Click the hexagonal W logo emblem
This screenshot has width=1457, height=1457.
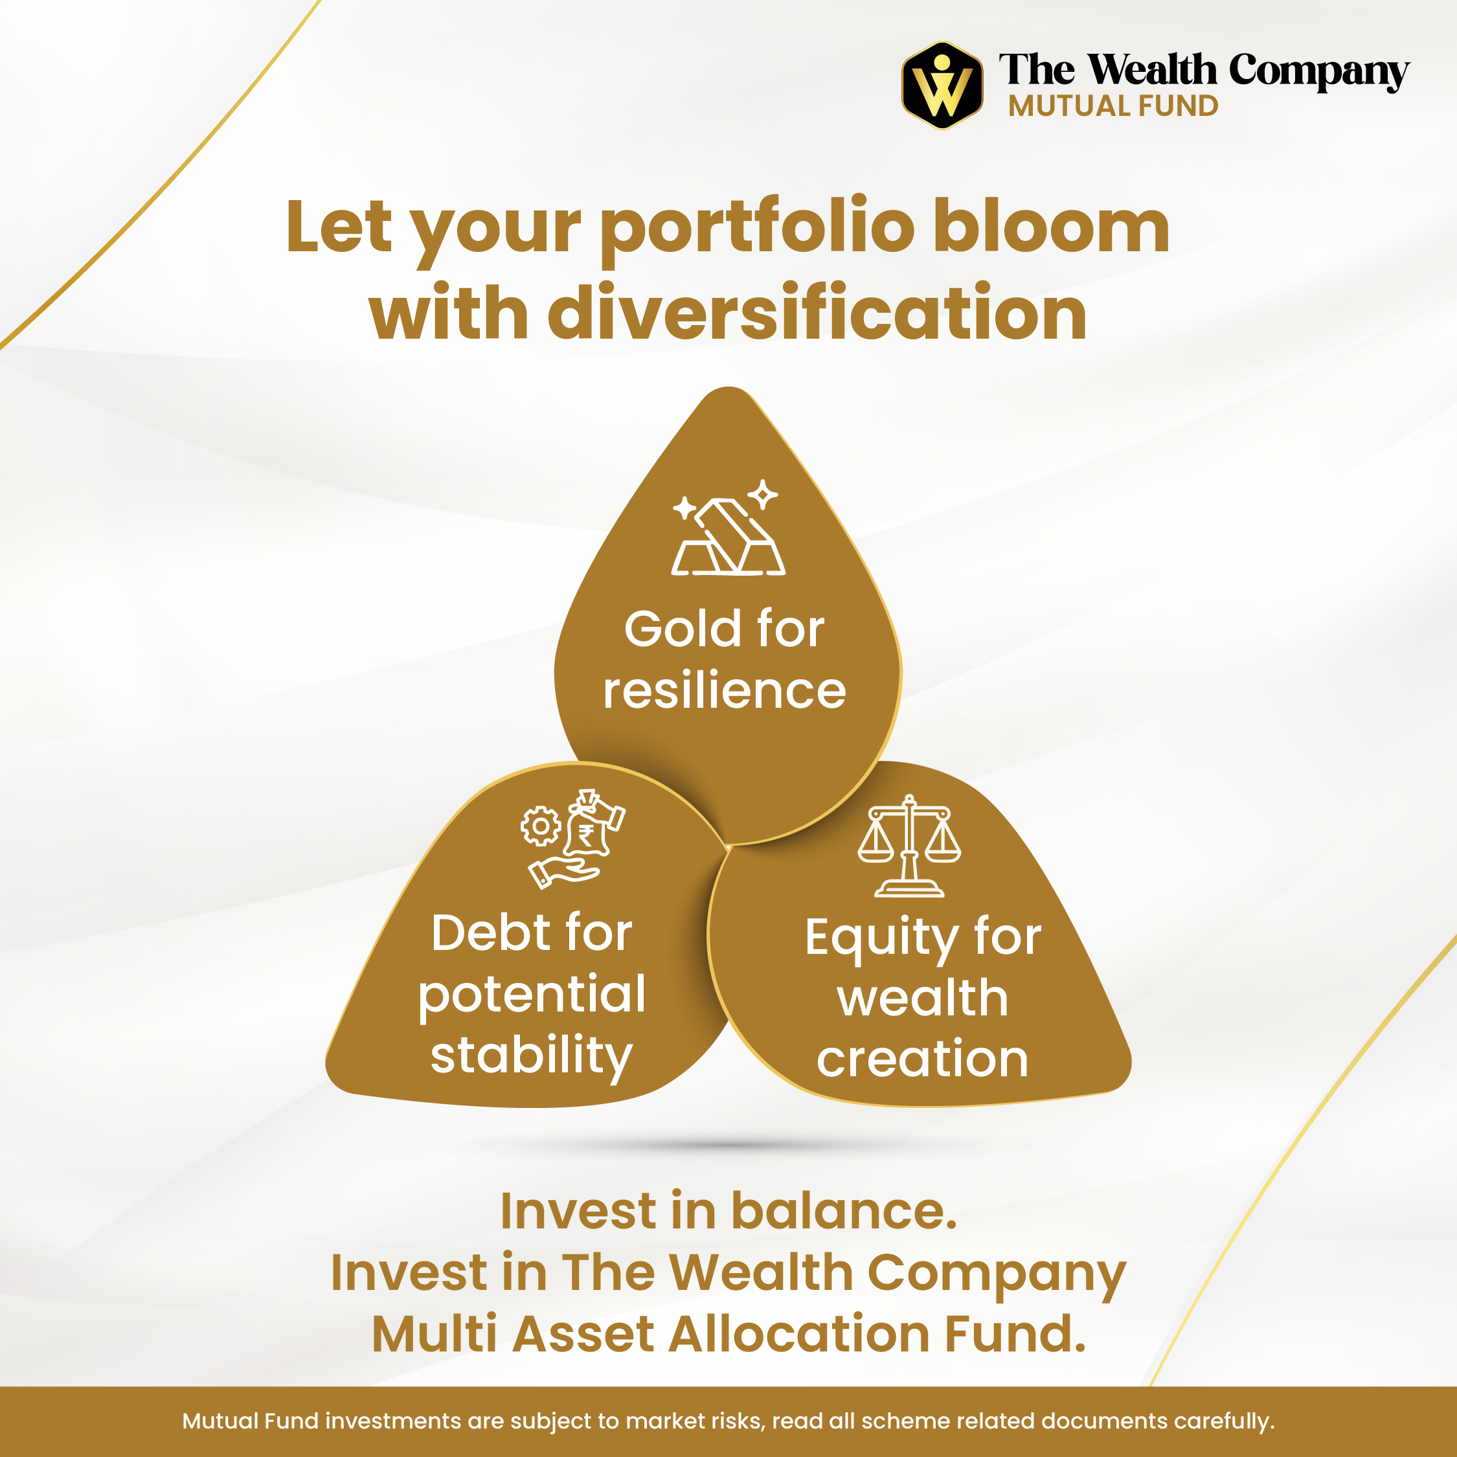(x=942, y=85)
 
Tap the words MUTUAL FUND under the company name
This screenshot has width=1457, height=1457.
(x=1113, y=106)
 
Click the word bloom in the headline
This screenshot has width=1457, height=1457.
(x=1051, y=227)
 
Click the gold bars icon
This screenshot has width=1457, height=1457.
(x=728, y=537)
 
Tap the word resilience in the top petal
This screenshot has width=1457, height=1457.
(x=725, y=691)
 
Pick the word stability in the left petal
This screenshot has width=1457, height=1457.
(x=531, y=1057)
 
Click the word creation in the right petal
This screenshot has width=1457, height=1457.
(x=922, y=1059)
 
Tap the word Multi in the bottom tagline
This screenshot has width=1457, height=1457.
(x=434, y=1333)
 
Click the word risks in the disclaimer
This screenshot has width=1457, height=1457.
(x=739, y=1421)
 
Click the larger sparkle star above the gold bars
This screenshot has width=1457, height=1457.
(x=763, y=495)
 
